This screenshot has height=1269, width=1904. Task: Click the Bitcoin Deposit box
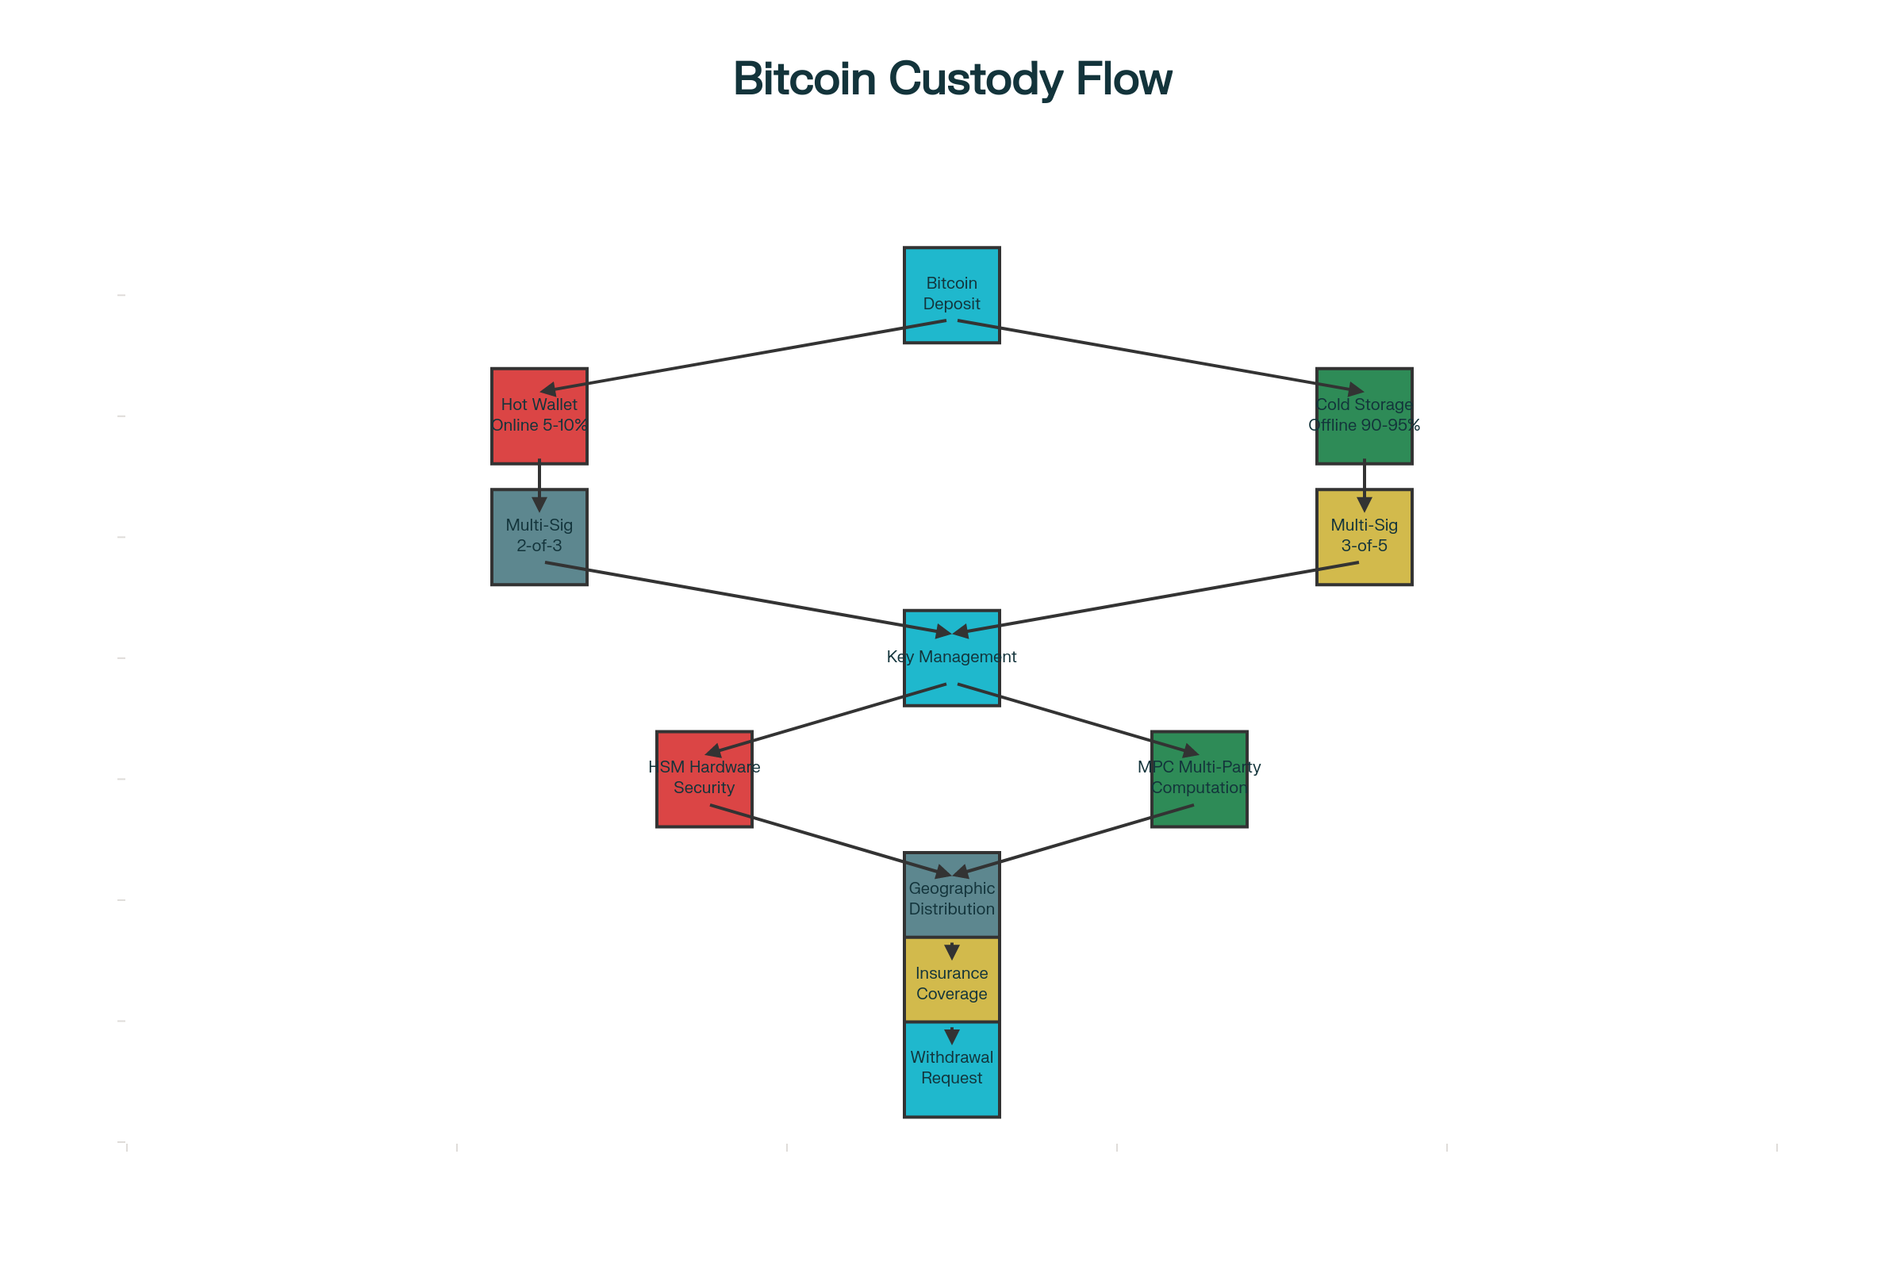(951, 294)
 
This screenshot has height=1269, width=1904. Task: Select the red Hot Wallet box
(539, 416)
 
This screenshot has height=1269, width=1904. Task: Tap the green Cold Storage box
(1364, 416)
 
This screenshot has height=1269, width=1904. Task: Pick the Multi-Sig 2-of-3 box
(539, 537)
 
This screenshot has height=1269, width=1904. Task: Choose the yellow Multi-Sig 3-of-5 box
(1364, 537)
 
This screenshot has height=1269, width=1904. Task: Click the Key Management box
(951, 658)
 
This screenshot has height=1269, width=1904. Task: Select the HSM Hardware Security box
(704, 779)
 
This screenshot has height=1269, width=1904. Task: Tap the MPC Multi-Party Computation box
(1199, 779)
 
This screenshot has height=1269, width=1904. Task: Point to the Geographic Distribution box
(951, 899)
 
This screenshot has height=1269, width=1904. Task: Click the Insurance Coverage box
(951, 983)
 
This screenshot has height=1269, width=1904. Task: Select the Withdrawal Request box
(951, 1068)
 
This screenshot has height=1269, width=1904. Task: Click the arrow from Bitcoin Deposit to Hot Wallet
(728, 358)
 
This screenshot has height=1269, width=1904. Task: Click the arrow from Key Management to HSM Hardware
(826, 719)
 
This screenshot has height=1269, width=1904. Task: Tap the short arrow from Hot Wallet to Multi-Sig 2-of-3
(539, 484)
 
